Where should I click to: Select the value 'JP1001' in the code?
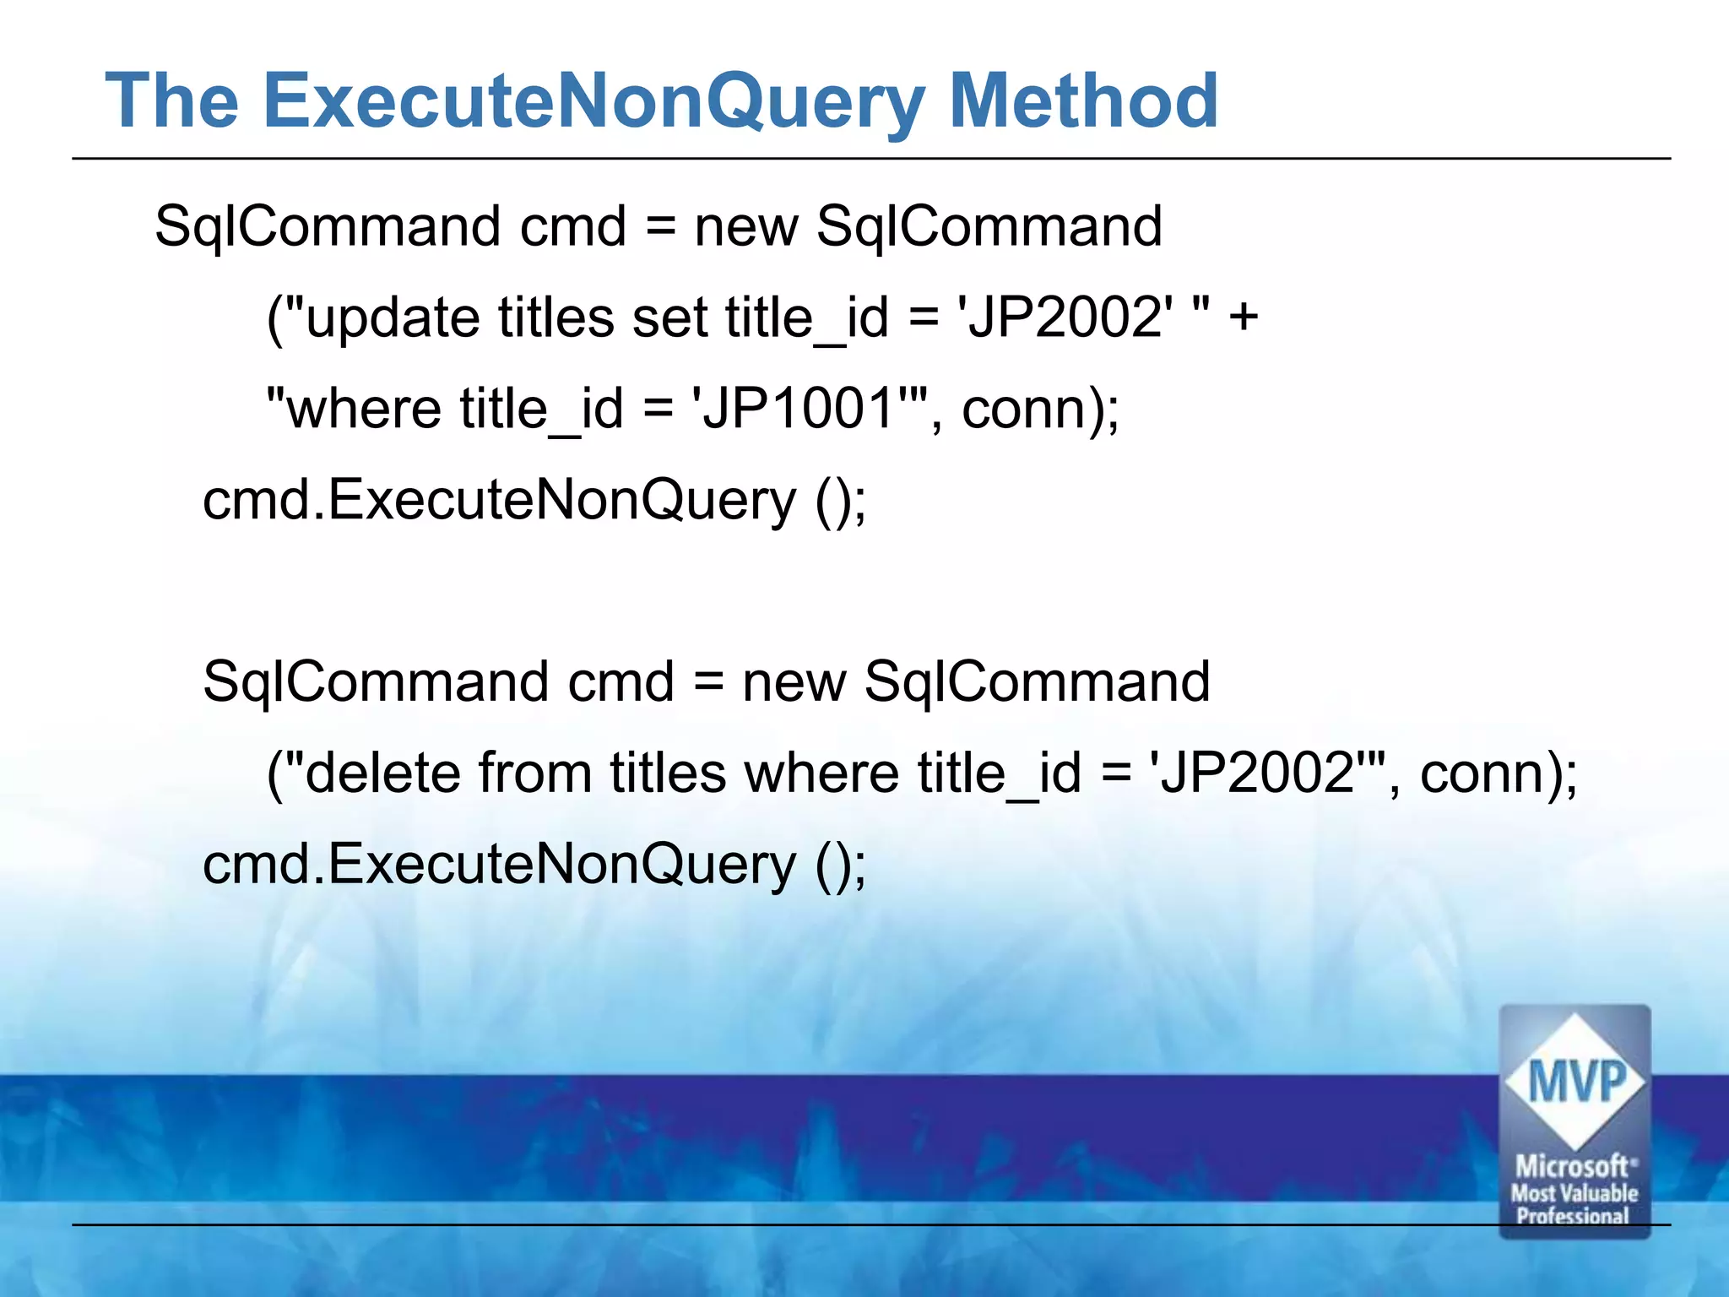pos(798,409)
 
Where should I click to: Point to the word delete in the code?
pos(382,773)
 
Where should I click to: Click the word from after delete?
pos(535,773)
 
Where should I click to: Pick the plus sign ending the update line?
pos(1243,317)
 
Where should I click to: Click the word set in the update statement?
pos(669,317)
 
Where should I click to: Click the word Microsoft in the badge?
pos(1572,1167)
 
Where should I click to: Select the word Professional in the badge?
pos(1573,1216)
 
